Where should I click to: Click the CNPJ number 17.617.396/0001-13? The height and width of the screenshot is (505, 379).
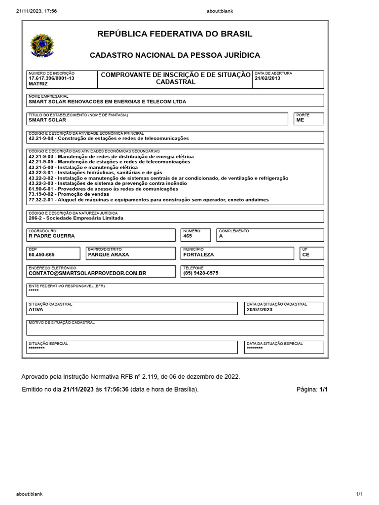(x=52, y=78)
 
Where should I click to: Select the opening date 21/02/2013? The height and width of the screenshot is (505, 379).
(x=267, y=78)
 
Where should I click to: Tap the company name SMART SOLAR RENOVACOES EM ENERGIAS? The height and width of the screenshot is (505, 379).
(x=108, y=102)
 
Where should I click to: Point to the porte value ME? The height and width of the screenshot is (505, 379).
(x=300, y=120)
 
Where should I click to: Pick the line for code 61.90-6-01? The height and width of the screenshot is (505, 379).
(x=103, y=189)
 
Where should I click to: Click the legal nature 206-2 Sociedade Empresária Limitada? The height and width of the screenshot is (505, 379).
(x=76, y=218)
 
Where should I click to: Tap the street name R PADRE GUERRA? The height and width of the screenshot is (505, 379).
(x=52, y=236)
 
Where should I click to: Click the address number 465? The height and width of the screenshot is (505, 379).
(x=187, y=236)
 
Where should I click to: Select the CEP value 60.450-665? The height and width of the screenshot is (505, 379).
(x=42, y=255)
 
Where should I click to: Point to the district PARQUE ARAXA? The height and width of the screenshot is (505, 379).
(x=108, y=255)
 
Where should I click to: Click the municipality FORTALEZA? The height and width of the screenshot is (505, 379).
(x=198, y=255)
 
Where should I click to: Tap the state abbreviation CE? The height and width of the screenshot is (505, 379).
(x=306, y=255)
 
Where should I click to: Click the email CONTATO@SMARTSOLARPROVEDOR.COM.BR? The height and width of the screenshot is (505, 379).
(x=87, y=273)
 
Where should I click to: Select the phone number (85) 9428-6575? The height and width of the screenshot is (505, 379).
(x=200, y=273)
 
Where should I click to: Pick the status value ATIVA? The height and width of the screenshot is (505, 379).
(x=36, y=310)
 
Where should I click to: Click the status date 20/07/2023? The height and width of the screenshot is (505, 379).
(x=260, y=310)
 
